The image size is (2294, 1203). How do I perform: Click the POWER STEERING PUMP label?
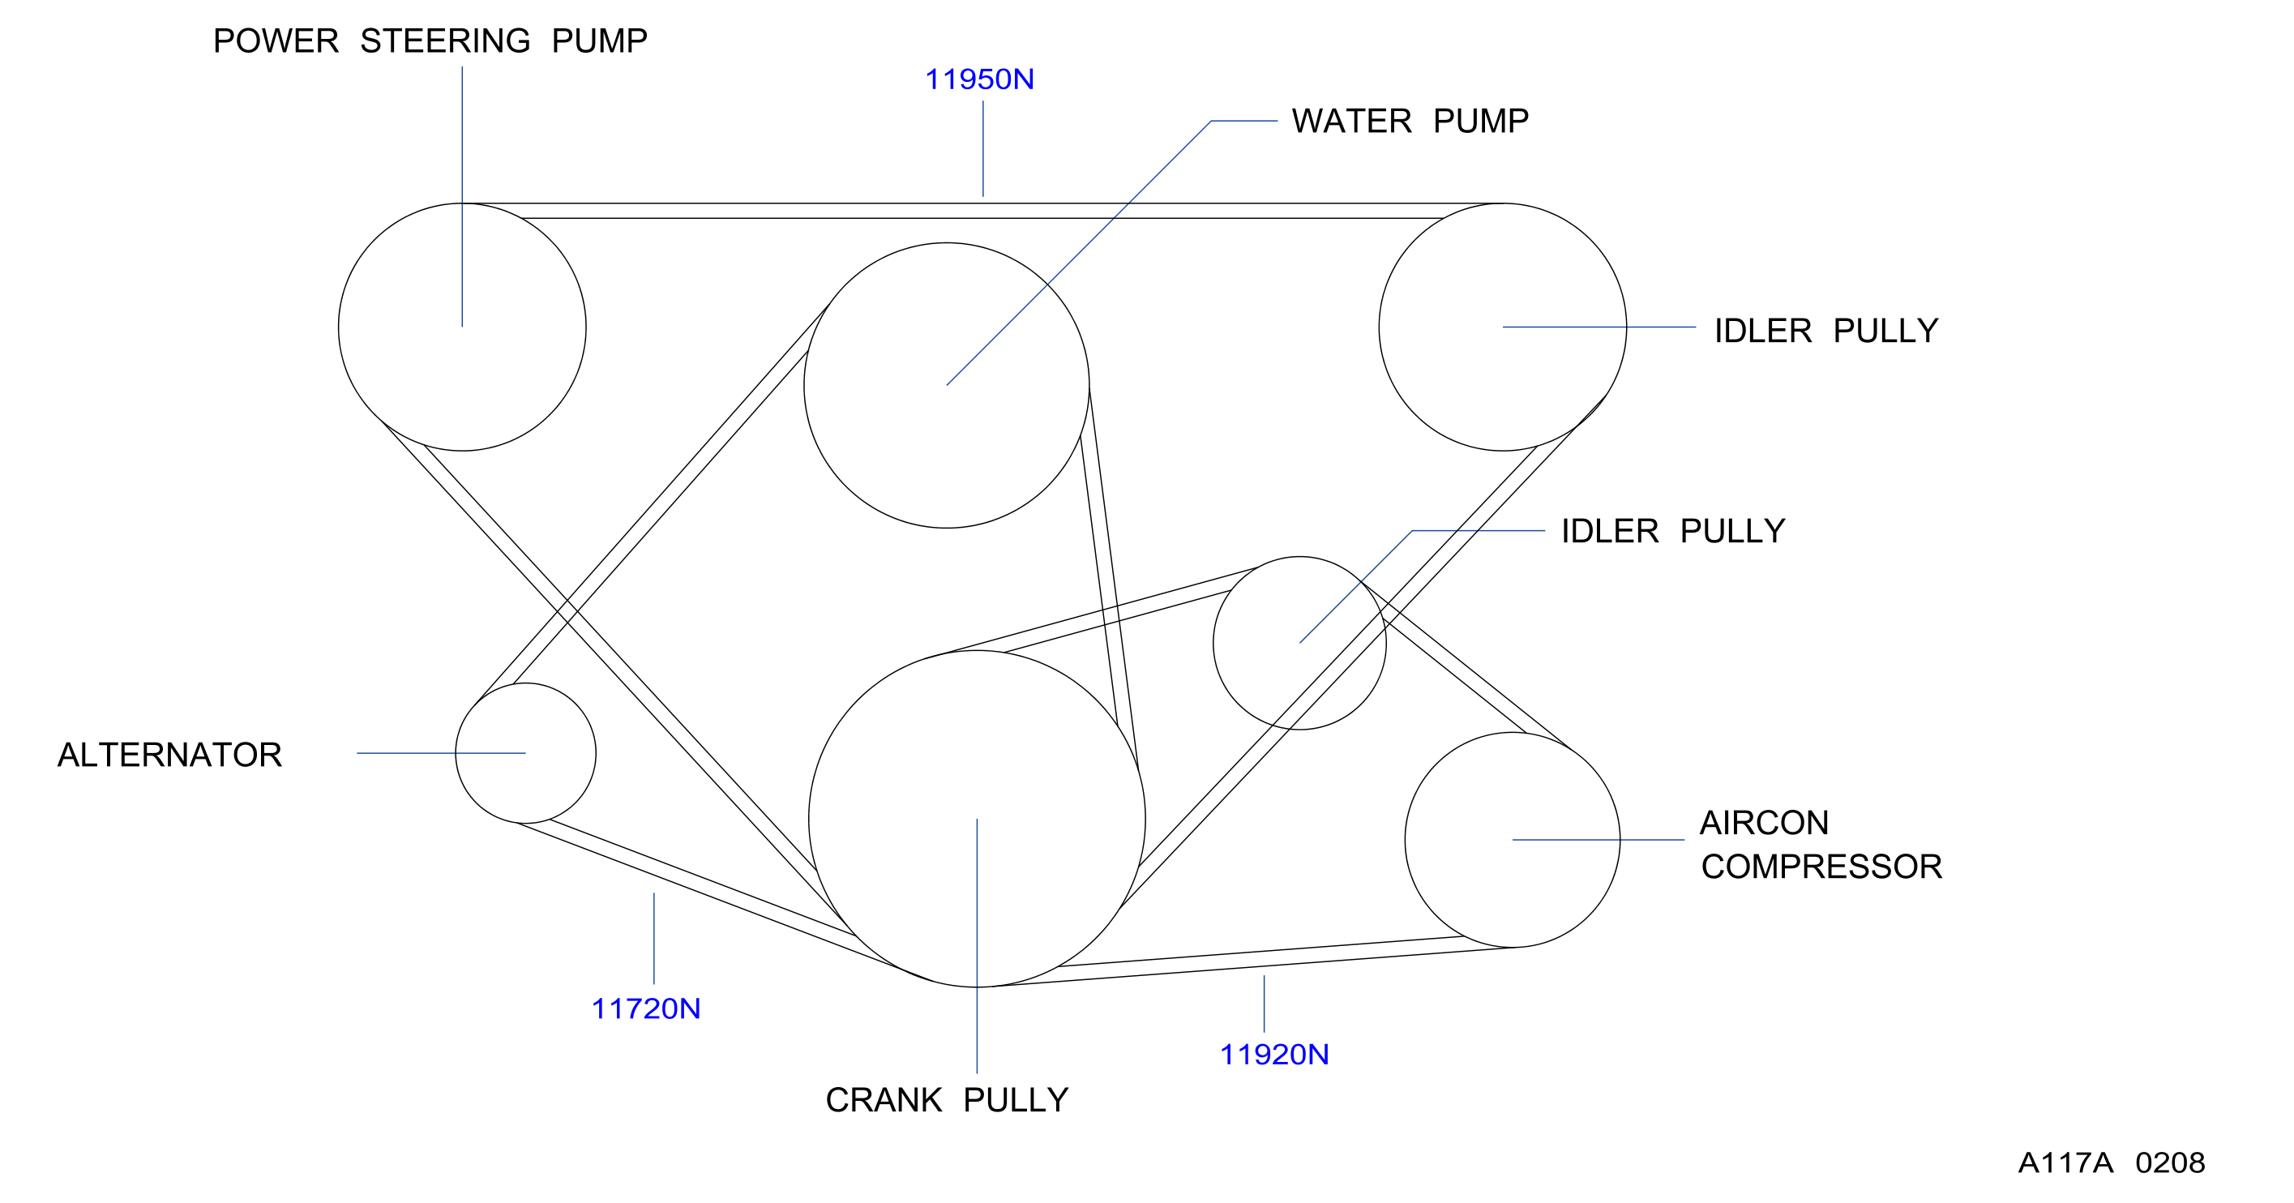pos(430,41)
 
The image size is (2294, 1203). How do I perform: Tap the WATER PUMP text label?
pos(1410,121)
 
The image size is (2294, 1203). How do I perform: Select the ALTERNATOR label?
pos(169,755)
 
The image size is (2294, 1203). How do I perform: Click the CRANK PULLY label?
pos(947,1101)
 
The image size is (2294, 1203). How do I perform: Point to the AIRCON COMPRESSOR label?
pos(1821,844)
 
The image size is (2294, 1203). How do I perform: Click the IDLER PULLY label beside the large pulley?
pos(1825,332)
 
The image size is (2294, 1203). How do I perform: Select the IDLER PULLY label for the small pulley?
pos(1673,532)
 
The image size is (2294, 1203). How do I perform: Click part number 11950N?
pos(979,79)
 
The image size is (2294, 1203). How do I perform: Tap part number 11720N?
pos(645,1009)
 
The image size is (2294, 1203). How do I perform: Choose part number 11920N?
pos(1274,1055)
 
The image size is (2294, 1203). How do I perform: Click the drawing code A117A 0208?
pos(2112,1163)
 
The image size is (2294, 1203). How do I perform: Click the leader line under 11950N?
pos(983,148)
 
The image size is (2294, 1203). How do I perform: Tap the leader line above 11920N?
pos(1264,1004)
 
